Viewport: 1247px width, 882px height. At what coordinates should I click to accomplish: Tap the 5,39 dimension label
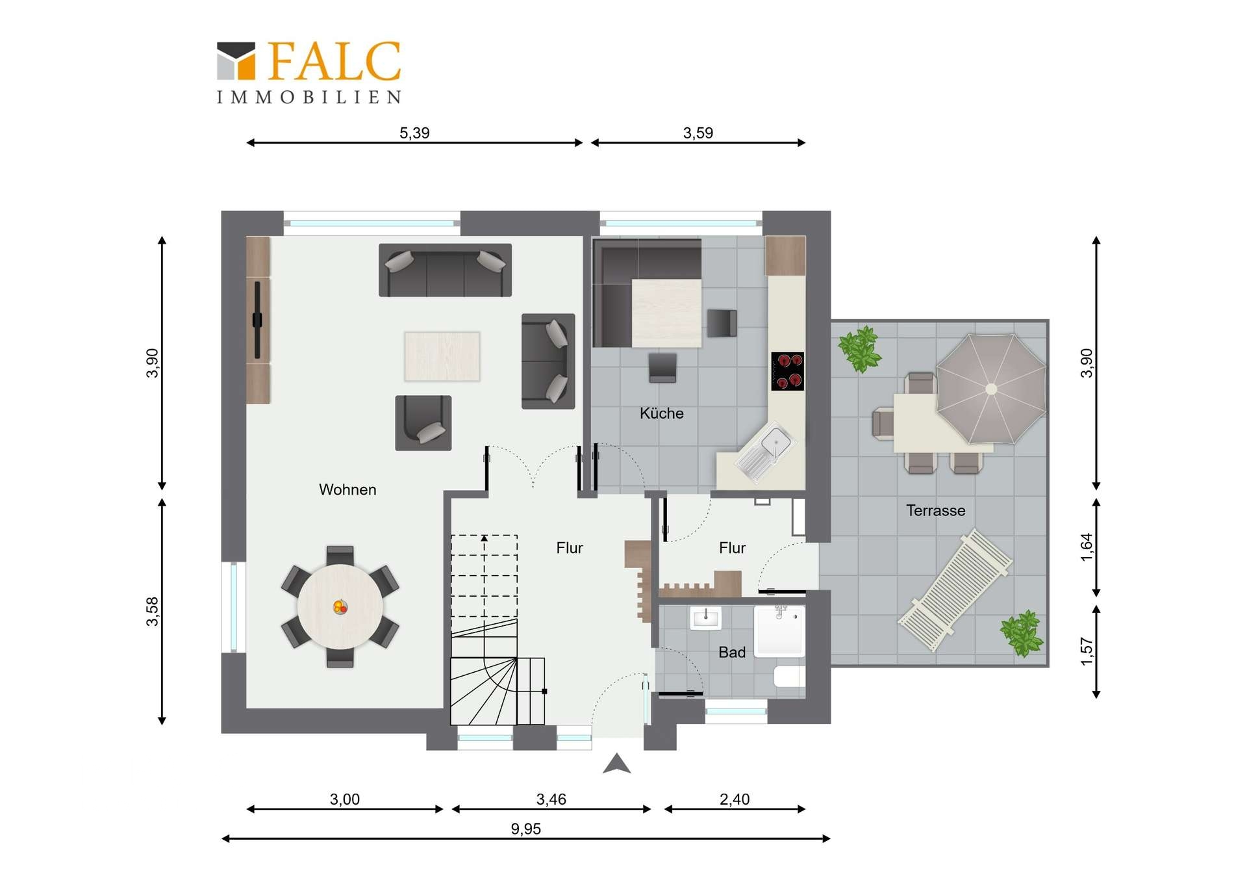(x=414, y=133)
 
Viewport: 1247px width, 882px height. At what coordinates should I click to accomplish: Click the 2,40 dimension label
(x=735, y=799)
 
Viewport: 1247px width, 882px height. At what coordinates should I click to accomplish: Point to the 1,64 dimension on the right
(x=1087, y=547)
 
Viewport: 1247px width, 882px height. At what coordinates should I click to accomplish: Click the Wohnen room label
(x=347, y=489)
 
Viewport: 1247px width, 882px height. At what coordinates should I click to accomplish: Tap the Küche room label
(x=662, y=413)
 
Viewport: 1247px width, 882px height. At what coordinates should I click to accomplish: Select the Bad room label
(x=732, y=653)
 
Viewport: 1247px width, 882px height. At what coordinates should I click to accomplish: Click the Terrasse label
(x=936, y=511)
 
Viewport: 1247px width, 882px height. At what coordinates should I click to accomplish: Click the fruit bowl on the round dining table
(x=340, y=607)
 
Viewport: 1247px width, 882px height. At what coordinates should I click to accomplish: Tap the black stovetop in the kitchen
(x=787, y=371)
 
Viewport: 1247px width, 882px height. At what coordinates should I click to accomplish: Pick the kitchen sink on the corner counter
(x=766, y=451)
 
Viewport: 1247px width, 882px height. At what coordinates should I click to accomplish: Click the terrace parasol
(x=991, y=389)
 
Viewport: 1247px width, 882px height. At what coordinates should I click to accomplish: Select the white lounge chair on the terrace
(x=955, y=590)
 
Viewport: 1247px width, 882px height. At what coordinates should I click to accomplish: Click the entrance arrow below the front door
(x=617, y=764)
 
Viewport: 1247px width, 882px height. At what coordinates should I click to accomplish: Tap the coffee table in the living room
(x=442, y=356)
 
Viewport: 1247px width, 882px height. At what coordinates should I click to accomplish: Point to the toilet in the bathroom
(x=789, y=677)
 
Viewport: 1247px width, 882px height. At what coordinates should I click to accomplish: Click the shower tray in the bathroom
(x=780, y=629)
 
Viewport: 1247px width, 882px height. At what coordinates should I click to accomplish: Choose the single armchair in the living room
(x=423, y=422)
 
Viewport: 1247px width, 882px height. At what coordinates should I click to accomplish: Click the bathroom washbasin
(x=705, y=618)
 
